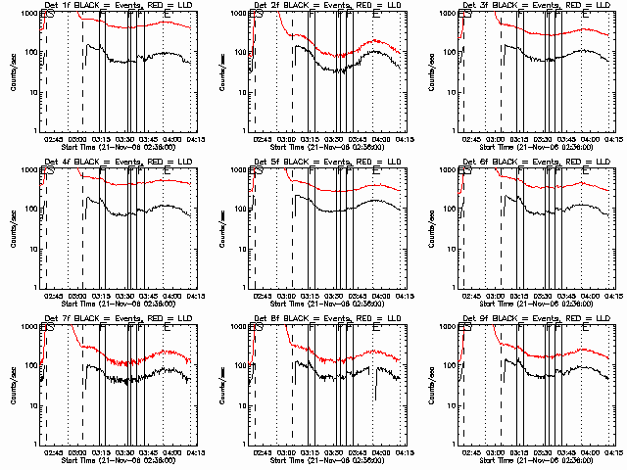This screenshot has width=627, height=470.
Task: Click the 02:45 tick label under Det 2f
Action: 263,139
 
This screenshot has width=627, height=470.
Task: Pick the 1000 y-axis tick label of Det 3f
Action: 452,14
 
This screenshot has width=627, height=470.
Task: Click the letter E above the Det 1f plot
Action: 167,16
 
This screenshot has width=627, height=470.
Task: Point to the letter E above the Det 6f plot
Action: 586,172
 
